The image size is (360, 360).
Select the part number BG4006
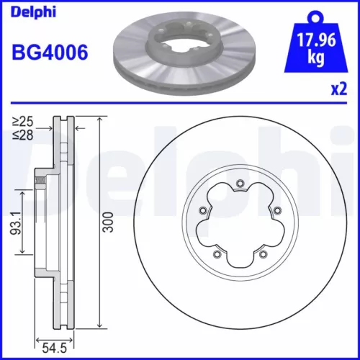50,54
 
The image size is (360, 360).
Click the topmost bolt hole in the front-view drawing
238,185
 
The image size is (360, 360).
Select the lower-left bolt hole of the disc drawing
218,253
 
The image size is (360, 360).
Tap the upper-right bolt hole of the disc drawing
276,210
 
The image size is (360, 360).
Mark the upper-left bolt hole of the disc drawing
202,211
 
